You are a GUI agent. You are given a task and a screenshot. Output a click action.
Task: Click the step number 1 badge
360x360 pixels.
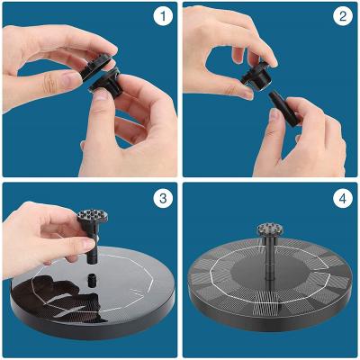(x=163, y=16)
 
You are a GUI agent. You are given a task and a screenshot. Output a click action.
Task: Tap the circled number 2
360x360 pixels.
(x=343, y=16)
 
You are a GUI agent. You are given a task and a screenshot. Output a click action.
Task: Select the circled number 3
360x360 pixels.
(x=163, y=198)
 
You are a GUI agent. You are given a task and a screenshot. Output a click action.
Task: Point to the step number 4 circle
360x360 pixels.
(x=343, y=198)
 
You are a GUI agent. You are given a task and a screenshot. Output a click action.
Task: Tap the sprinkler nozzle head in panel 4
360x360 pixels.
(x=270, y=230)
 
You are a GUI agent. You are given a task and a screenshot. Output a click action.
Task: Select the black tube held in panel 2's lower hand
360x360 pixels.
(x=284, y=109)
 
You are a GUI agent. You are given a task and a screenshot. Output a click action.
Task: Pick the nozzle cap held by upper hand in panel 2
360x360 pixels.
(x=257, y=76)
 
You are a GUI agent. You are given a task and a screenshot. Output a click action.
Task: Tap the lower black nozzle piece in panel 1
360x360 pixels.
(x=107, y=84)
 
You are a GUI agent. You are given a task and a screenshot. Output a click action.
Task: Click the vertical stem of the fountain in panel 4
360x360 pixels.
(x=269, y=258)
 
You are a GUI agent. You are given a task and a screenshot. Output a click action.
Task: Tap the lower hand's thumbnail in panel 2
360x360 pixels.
(x=274, y=115)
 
